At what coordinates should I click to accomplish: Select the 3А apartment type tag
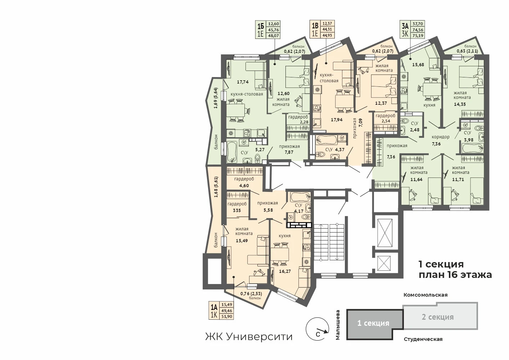405,27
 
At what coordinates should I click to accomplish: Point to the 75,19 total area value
418,35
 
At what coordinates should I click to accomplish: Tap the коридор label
441,137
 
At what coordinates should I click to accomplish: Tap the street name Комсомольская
425,295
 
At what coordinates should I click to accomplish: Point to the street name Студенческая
423,339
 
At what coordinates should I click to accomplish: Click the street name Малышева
338,325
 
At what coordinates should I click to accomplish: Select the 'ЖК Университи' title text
249,337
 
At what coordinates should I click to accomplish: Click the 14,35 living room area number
460,104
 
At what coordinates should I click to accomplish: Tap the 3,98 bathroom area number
469,140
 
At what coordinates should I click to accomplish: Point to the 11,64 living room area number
416,179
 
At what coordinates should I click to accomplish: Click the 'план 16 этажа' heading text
455,275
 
